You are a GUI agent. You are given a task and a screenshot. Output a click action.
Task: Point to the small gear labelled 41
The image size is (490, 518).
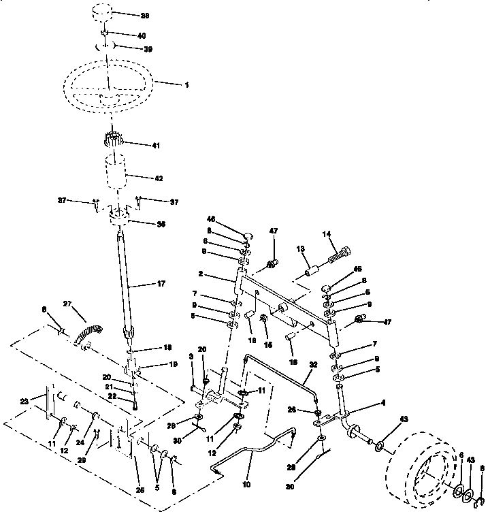point(111,143)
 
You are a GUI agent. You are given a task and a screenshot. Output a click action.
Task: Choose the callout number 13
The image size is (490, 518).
point(301,249)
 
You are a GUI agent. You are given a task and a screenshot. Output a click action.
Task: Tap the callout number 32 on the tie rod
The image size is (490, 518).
point(313,364)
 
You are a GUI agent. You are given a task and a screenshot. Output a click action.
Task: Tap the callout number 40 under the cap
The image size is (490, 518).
point(141,35)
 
